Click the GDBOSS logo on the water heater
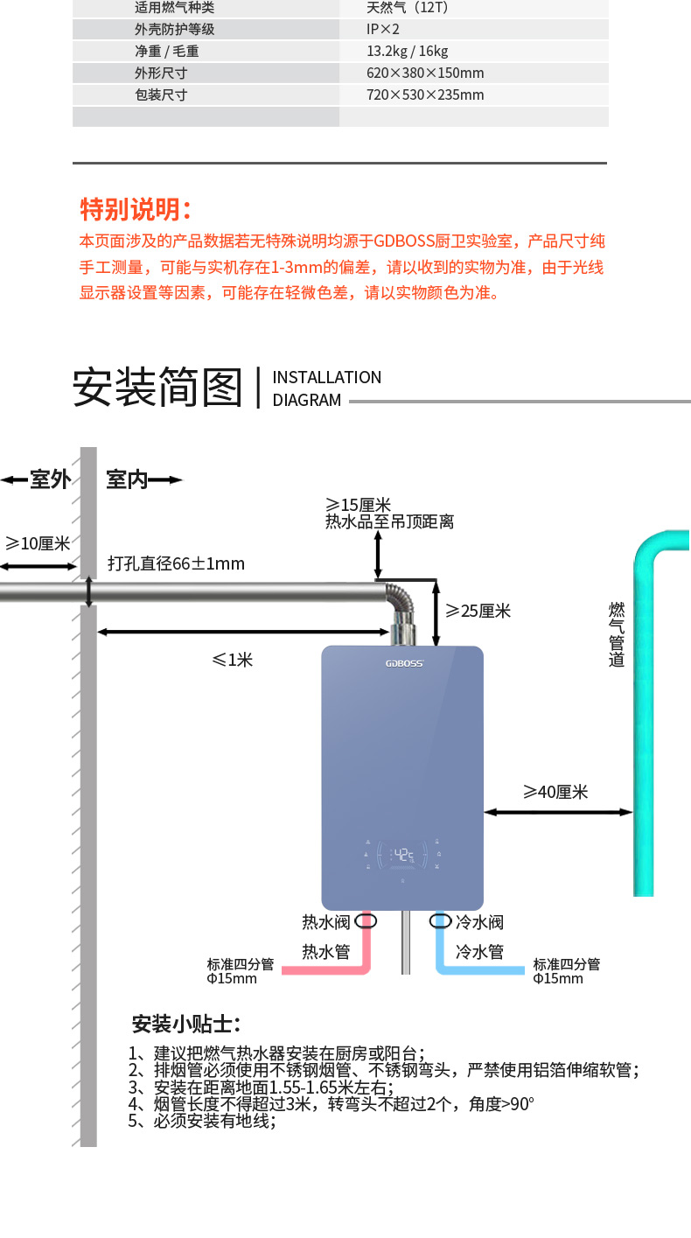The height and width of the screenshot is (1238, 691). tap(404, 663)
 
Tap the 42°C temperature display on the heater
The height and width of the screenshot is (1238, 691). tap(403, 855)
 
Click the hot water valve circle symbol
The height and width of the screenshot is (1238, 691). tap(366, 920)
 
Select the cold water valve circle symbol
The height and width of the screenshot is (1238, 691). tap(440, 920)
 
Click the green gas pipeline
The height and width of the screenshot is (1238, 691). tap(644, 718)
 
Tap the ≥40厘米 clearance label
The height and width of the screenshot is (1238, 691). tap(555, 792)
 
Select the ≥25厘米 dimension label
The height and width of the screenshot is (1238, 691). tap(478, 611)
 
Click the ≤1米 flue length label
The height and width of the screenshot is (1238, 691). tap(233, 660)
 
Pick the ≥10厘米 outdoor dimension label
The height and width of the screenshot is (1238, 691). tap(38, 543)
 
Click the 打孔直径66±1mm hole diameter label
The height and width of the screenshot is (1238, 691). tap(176, 563)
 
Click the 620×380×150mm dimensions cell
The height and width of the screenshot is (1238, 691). tap(425, 73)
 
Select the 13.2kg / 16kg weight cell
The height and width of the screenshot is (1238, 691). tap(407, 51)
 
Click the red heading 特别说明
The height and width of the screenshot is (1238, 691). tap(136, 209)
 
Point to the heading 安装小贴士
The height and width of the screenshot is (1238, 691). tap(185, 1025)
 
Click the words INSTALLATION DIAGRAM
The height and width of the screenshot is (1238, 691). tap(326, 388)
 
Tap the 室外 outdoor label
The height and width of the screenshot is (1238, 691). tap(50, 479)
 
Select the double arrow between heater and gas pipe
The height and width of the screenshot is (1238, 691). tap(558, 812)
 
